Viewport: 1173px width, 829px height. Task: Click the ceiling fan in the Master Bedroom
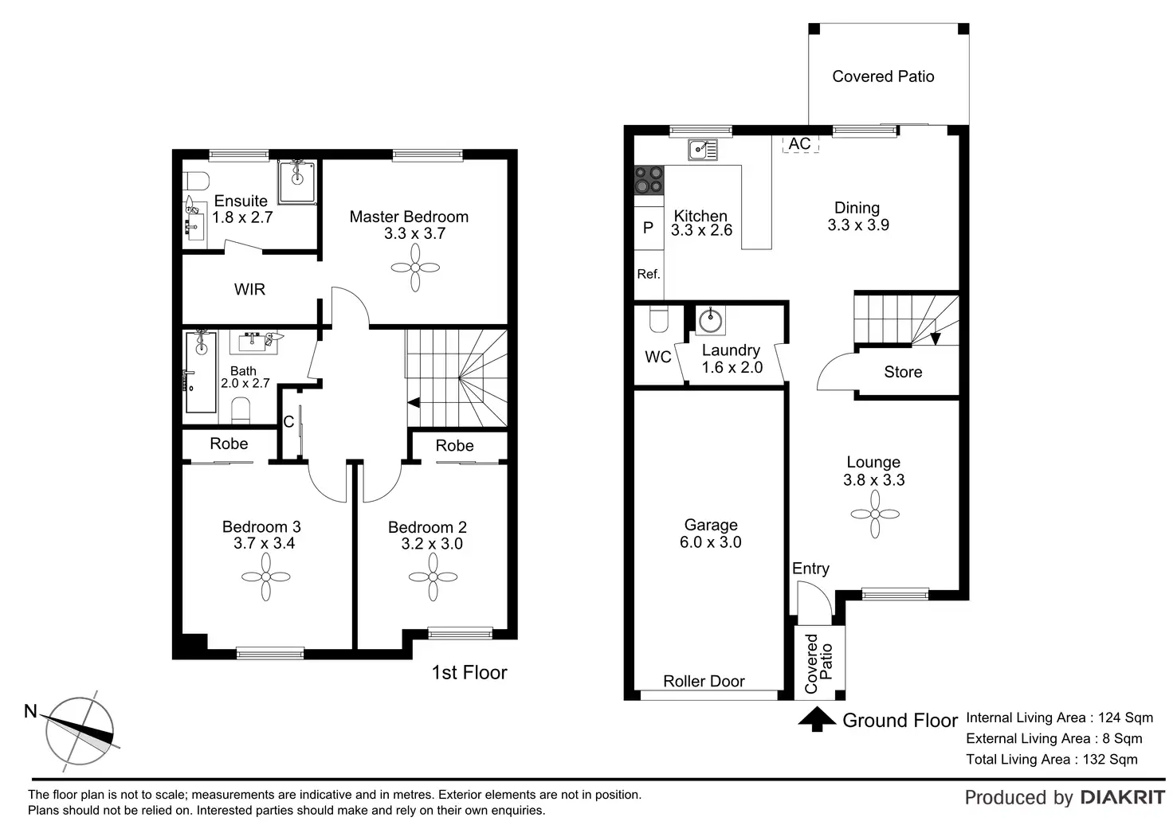[x=415, y=267]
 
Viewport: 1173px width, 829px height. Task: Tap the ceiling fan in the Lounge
[x=875, y=514]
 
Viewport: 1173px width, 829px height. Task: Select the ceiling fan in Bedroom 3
[x=265, y=577]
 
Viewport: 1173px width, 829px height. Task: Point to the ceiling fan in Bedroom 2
[x=433, y=577]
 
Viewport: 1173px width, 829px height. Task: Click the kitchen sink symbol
[x=702, y=149]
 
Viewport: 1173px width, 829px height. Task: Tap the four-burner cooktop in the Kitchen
[x=649, y=180]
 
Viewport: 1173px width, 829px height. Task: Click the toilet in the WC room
[x=658, y=319]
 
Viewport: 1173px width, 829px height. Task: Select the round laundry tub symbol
[x=710, y=320]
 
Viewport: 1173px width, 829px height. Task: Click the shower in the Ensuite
[x=297, y=182]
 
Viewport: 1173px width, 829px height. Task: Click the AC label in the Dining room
[x=799, y=143]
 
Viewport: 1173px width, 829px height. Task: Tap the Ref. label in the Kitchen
[x=649, y=274]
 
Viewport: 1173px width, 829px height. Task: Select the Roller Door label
[x=704, y=682]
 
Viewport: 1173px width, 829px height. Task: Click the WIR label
[x=249, y=289]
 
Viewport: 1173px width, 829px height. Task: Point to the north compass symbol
[x=80, y=730]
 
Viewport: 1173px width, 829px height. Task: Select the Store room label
[x=903, y=372]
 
